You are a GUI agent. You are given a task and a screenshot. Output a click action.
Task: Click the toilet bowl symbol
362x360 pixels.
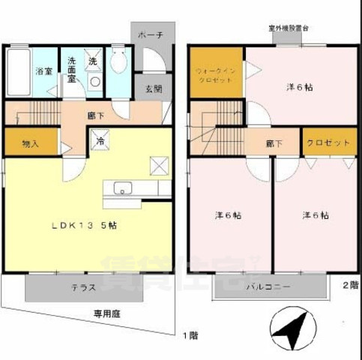[x=117, y=64]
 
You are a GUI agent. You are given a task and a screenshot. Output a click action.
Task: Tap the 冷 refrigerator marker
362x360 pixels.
[x=99, y=140]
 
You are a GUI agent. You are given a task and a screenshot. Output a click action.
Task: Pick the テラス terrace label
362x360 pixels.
[x=82, y=287]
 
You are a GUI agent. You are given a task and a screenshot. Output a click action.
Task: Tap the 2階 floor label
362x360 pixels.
[x=351, y=284]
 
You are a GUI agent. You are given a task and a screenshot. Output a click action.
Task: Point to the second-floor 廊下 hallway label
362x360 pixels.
[x=274, y=142]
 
